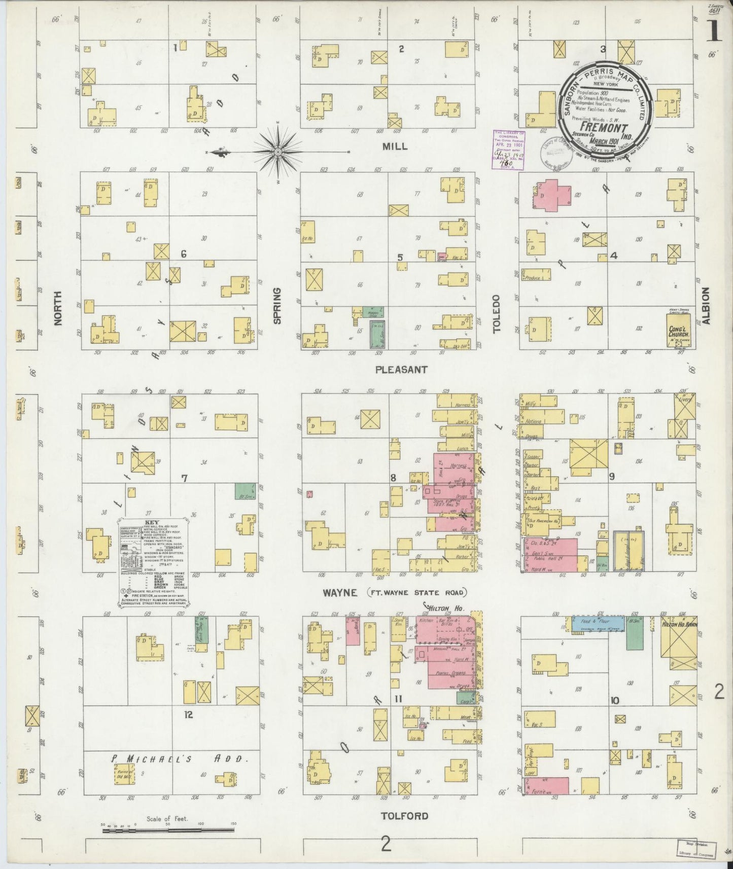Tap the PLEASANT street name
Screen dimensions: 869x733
point(401,370)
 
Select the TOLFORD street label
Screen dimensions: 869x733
point(404,816)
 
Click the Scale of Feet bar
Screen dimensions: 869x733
point(167,831)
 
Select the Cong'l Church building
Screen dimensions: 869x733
point(681,330)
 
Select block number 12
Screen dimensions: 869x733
point(189,715)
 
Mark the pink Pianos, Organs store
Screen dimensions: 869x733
point(450,674)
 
